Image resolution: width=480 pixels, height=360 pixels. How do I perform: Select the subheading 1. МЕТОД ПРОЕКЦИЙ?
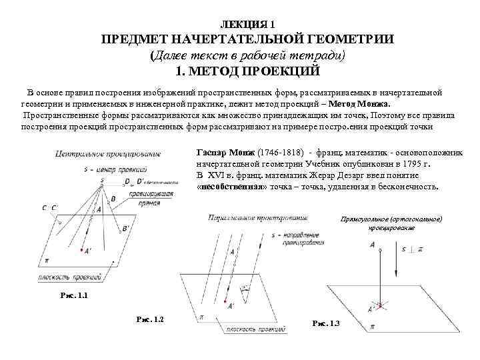(x=247, y=71)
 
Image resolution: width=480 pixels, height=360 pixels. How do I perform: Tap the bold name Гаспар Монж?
(x=222, y=152)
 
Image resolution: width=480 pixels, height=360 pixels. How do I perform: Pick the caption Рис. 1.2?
(x=149, y=319)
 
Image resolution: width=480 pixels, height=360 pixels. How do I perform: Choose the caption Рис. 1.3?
(x=326, y=323)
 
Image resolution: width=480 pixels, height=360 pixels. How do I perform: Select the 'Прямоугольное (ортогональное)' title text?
(x=391, y=219)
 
